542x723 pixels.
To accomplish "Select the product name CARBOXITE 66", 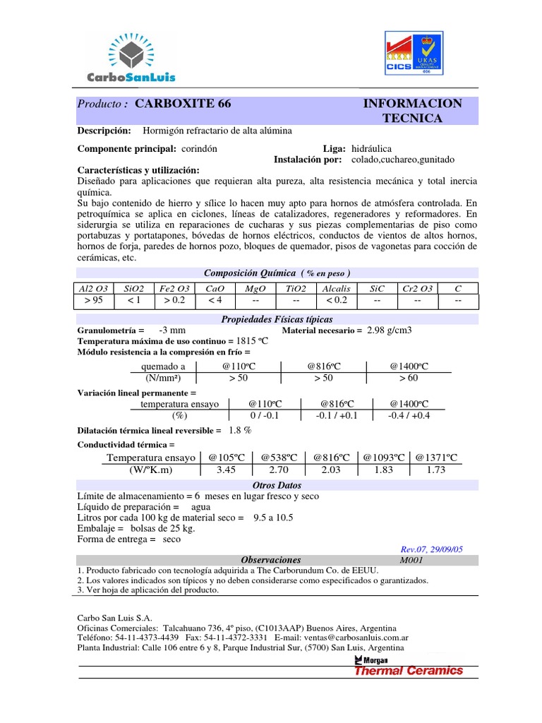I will [182, 104].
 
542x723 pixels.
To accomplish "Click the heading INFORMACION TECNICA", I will [412, 111].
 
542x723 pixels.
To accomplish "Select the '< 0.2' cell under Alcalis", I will [337, 301].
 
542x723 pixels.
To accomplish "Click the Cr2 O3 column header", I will [418, 289].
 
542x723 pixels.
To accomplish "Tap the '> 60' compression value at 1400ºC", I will [409, 378].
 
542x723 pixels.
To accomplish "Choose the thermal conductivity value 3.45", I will [226, 470].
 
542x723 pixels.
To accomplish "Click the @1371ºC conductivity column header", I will [435, 458].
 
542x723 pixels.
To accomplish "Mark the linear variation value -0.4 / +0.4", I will [409, 415].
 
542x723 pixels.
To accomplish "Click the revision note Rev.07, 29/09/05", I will [430, 549].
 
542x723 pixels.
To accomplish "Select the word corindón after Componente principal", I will [198, 149].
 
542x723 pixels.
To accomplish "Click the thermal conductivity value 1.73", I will [435, 470].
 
